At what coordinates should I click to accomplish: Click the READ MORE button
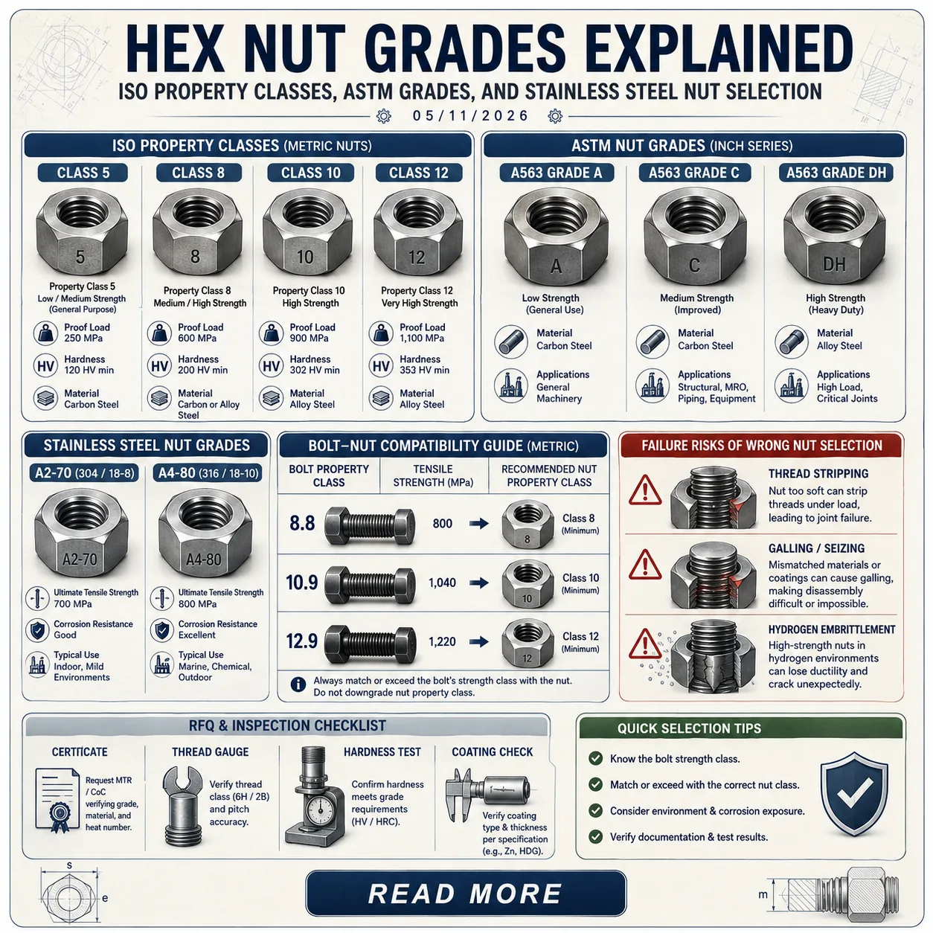pyautogui.click(x=465, y=894)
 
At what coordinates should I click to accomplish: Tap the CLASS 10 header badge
pyautogui.click(x=311, y=173)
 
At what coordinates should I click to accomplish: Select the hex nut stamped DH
pyautogui.click(x=834, y=237)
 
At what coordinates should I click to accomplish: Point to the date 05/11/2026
pyautogui.click(x=470, y=116)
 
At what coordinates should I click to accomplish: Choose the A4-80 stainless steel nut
pyautogui.click(x=205, y=534)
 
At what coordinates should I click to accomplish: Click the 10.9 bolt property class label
pyautogui.click(x=301, y=583)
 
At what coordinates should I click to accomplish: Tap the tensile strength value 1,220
pyautogui.click(x=442, y=641)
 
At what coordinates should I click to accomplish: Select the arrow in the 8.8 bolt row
pyautogui.click(x=479, y=523)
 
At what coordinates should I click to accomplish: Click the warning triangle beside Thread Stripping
pyautogui.click(x=645, y=490)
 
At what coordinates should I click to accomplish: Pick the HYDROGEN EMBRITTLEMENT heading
pyautogui.click(x=832, y=629)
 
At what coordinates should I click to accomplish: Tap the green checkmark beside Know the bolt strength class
pyautogui.click(x=595, y=759)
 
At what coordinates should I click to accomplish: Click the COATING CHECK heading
pyautogui.click(x=492, y=752)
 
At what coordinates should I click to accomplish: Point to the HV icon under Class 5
pyautogui.click(x=45, y=365)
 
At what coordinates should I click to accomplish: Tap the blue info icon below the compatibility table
pyautogui.click(x=298, y=684)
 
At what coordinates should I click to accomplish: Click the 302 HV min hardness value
pyautogui.click(x=315, y=371)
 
